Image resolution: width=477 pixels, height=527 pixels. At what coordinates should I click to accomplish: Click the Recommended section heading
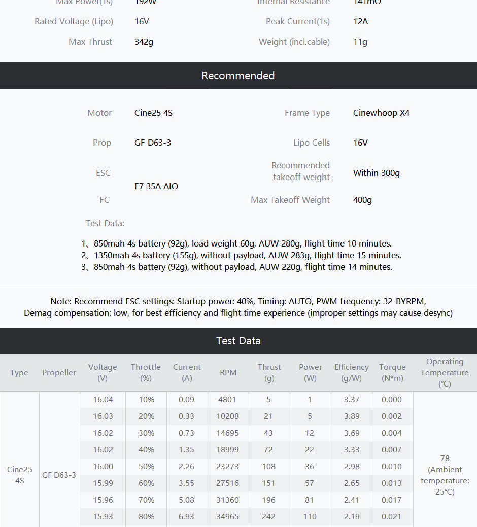238,76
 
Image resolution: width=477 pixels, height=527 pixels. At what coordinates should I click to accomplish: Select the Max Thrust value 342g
144,42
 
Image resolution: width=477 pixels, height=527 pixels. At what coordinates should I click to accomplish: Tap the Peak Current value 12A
360,21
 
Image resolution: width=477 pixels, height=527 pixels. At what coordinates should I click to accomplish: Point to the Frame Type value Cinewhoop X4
381,113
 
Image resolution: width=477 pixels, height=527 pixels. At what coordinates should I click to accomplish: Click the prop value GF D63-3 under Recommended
153,143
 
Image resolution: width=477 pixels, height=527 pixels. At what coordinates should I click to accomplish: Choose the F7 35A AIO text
156,186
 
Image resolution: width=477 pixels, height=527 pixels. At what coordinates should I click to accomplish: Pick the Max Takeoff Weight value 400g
362,200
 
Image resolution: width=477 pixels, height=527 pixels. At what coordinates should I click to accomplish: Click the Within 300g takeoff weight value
376,173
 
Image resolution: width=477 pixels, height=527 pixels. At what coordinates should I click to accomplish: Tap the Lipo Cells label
311,143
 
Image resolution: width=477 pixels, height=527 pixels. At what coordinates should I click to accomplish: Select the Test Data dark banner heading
238,341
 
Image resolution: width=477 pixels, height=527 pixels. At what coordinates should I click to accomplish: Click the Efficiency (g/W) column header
351,372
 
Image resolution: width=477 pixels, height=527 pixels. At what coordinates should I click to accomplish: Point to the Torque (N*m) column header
392,372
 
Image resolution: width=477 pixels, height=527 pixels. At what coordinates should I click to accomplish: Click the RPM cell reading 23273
228,466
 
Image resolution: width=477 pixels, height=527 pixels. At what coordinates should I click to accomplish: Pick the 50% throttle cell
146,466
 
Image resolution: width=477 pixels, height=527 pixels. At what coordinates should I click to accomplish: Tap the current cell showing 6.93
186,516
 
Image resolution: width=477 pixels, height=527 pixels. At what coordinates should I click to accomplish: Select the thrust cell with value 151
268,483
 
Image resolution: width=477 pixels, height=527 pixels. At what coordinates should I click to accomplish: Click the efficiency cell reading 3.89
352,416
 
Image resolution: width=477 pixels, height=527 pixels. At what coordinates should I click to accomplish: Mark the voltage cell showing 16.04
103,399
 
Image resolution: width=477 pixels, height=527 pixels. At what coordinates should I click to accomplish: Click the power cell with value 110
310,516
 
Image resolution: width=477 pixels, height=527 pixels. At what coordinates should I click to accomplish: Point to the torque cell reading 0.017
392,500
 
